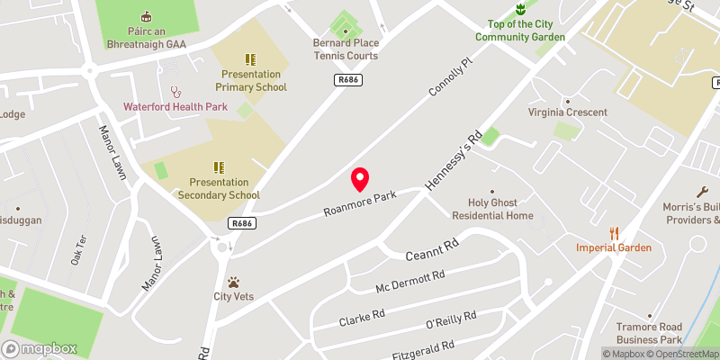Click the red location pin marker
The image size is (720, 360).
(360, 179)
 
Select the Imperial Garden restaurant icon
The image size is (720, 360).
(616, 232)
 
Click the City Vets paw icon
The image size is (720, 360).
(234, 282)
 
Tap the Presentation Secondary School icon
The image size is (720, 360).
(219, 167)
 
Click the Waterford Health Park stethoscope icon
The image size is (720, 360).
(176, 92)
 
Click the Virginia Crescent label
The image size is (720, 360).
(567, 112)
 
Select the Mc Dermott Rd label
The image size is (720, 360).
(409, 281)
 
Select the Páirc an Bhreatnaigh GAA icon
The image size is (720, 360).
(146, 16)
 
